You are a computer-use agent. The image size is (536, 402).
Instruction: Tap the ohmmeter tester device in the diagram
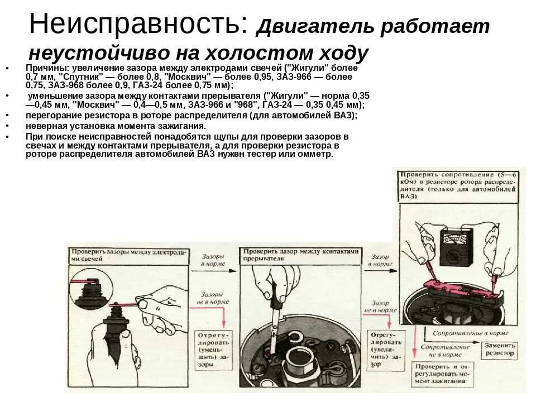tap(456, 248)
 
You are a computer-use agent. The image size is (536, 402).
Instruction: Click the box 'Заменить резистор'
tap(499, 349)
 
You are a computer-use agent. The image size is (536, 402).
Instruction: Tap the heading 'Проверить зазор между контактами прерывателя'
tap(301, 255)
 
